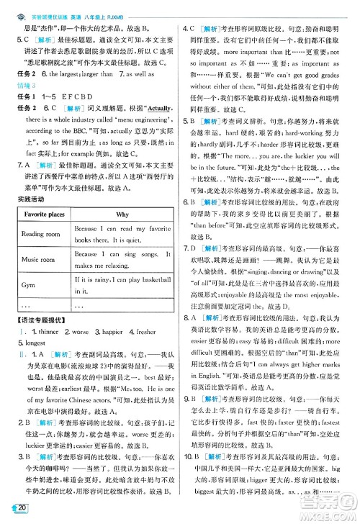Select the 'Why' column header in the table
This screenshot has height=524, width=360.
122,214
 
